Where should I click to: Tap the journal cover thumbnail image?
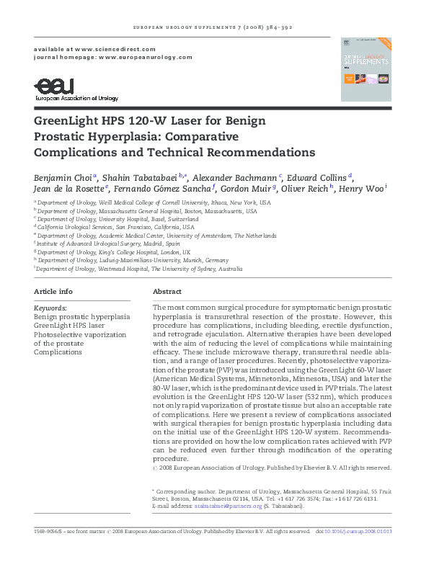pyautogui.click(x=366, y=68)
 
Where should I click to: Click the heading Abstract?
pyautogui.click(x=167, y=292)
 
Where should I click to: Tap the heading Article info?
pyautogui.click(x=53, y=292)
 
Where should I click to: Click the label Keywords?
pyautogui.click(x=50, y=308)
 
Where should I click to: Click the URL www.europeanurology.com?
pyautogui.click(x=146, y=57)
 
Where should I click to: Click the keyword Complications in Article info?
pyautogui.click(x=58, y=352)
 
